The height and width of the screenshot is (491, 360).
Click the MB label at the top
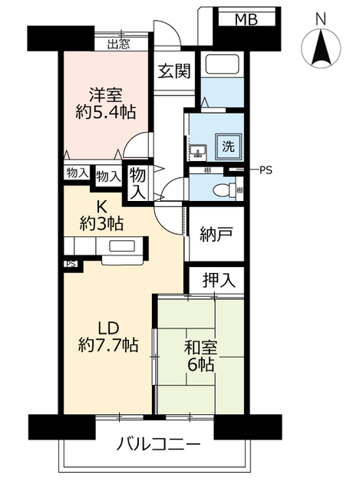246,18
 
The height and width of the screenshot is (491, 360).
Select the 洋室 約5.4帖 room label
105,102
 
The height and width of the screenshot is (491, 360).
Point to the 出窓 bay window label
118,44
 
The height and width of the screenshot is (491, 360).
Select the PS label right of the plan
266,170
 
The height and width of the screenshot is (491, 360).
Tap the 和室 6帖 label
200,356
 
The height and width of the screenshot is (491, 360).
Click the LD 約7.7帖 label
107,335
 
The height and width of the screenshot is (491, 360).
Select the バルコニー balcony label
159,444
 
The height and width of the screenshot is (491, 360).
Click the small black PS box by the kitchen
70,265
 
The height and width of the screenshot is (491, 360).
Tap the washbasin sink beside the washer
198,149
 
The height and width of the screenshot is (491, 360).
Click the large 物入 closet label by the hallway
137,183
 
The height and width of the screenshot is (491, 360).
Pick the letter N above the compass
320,17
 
